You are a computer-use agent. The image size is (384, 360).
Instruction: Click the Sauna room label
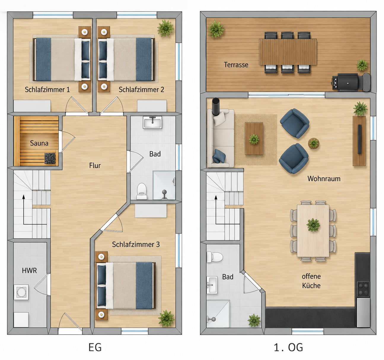(39, 143)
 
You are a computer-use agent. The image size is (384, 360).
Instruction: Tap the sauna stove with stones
(50, 158)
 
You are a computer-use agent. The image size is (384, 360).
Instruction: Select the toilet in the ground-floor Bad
(142, 191)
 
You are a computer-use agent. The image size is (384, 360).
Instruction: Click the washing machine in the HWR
(21, 292)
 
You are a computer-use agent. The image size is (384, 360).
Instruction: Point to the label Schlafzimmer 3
(136, 244)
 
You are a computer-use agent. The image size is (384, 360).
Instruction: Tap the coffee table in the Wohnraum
(254, 139)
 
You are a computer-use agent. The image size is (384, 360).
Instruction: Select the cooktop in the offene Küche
(363, 289)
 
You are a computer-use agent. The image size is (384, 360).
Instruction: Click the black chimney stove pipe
(216, 106)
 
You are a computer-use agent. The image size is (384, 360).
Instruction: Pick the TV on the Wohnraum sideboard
(359, 139)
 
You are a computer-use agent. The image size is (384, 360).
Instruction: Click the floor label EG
(95, 347)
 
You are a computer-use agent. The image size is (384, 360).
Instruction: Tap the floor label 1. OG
(289, 347)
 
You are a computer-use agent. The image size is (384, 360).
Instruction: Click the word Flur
(95, 165)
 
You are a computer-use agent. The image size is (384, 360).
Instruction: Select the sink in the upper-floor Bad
(212, 285)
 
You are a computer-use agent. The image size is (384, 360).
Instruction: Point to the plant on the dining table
(313, 225)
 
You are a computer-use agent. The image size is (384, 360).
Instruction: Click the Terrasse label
(236, 65)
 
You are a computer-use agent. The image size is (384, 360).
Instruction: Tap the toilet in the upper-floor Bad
(215, 257)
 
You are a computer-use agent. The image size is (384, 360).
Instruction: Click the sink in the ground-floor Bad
(152, 122)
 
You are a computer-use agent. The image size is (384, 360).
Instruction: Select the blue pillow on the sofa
(219, 156)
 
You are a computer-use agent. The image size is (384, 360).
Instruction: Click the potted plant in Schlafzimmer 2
(165, 28)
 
